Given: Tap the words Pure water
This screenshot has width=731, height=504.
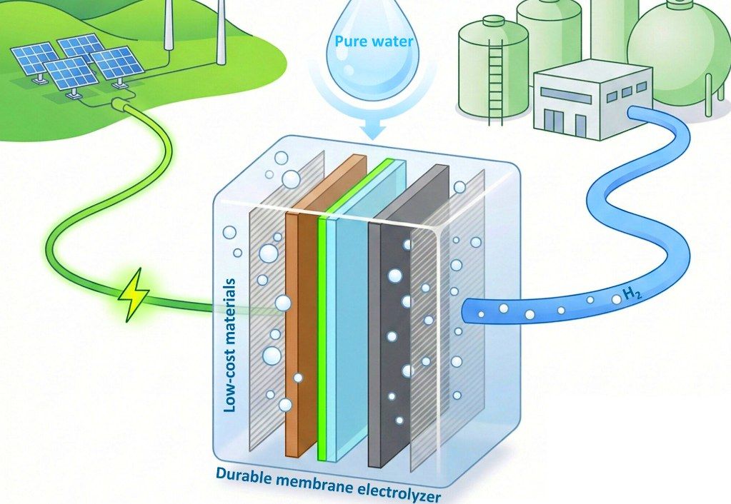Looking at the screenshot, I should [374, 41].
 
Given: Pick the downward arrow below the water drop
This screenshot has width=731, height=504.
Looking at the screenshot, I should [374, 128].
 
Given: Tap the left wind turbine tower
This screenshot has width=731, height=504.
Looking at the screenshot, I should [169, 25].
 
